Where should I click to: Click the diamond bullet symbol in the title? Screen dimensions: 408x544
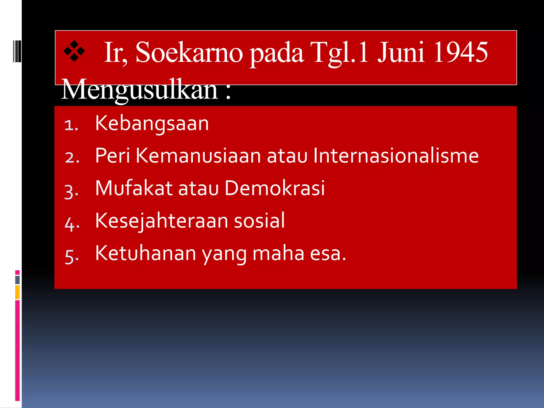(x=74, y=51)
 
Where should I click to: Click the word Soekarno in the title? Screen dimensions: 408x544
(x=189, y=53)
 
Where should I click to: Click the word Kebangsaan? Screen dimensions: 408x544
(x=152, y=124)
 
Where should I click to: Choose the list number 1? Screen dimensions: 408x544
(x=71, y=125)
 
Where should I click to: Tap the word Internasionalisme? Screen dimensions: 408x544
(x=396, y=156)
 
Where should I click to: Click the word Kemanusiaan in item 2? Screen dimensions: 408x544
(x=198, y=156)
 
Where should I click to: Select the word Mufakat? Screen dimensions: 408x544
(x=134, y=188)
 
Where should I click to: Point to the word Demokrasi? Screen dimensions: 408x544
(x=275, y=188)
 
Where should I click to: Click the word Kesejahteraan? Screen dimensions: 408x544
(x=161, y=220)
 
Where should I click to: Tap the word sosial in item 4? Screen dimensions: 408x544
(x=259, y=220)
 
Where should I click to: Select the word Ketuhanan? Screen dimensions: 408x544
(x=146, y=253)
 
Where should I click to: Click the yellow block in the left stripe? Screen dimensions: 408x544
(x=18, y=292)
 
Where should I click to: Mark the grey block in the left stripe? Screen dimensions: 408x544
(x=18, y=280)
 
